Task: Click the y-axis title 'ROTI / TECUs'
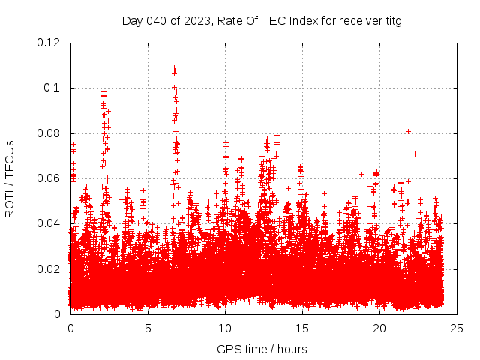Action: point(10,178)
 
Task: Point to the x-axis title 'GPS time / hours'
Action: point(262,349)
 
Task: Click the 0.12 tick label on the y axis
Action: point(49,43)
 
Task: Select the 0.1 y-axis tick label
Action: point(55,88)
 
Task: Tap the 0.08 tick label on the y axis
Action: point(49,133)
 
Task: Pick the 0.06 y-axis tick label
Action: point(49,178)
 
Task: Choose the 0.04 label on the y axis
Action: point(49,223)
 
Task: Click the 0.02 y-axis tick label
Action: point(49,268)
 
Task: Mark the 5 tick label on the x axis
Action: point(148,328)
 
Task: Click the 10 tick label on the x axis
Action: point(225,328)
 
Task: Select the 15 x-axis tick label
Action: point(302,328)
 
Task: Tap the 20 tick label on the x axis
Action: point(379,328)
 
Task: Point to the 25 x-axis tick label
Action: point(457,328)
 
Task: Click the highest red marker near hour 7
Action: point(174,67)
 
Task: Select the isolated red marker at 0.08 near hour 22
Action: point(408,131)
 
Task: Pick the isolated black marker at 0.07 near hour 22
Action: point(415,154)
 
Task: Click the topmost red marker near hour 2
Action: point(104,91)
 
